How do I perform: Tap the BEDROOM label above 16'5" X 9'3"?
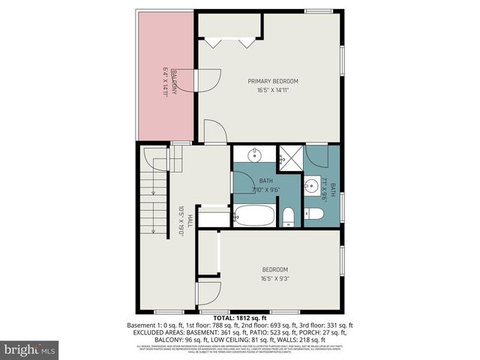[x=274, y=269]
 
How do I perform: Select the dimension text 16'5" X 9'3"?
[x=274, y=278]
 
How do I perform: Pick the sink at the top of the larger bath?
[x=253, y=155]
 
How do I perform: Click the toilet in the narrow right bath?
[x=314, y=214]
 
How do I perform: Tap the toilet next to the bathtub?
[x=289, y=217]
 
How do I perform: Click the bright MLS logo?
[x=31, y=349]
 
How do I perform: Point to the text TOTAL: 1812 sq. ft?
[x=239, y=317]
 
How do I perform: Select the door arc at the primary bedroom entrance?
[x=215, y=133]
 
